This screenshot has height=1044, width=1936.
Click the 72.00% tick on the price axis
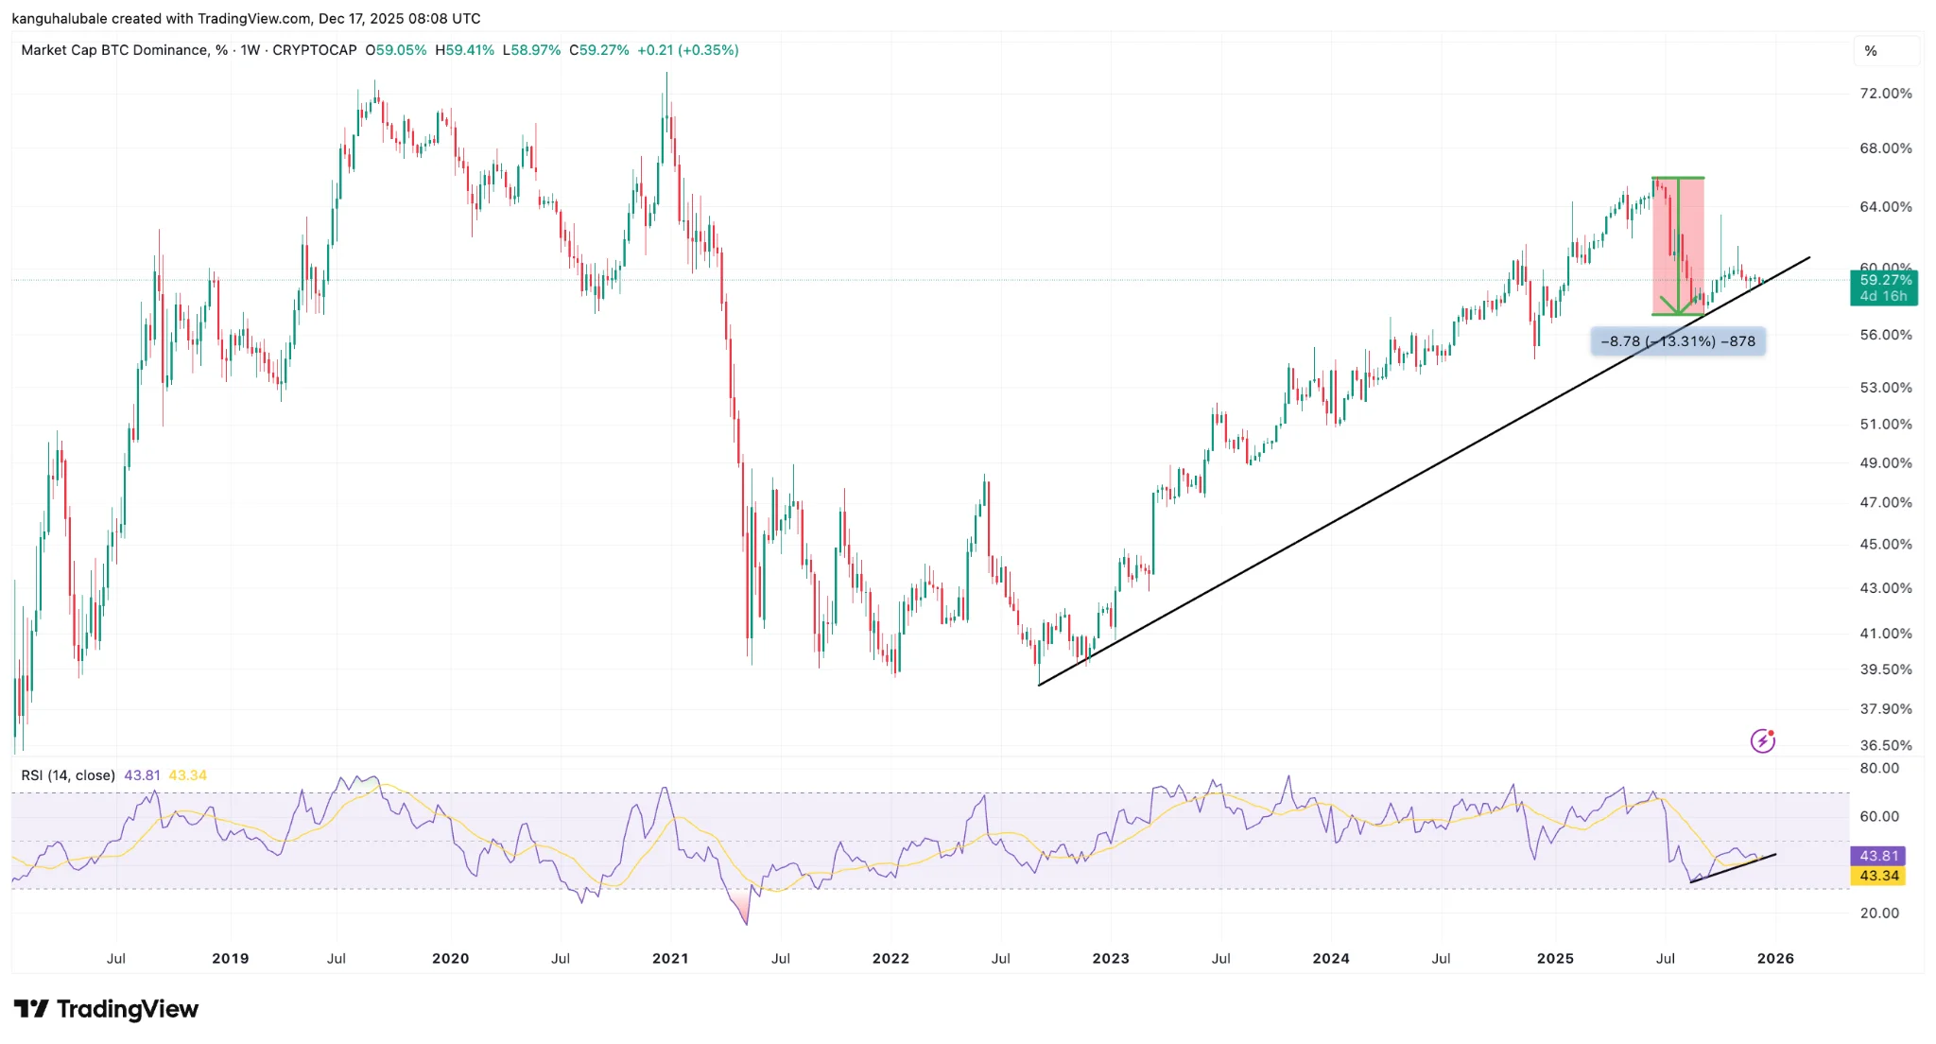[x=1885, y=94]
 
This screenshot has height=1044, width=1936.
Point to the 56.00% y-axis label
[x=1885, y=335]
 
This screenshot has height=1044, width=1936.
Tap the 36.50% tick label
[x=1885, y=745]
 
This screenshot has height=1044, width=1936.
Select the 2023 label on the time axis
[x=1111, y=958]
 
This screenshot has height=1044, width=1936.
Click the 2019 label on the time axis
[x=231, y=958]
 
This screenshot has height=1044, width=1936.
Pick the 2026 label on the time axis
[x=1775, y=958]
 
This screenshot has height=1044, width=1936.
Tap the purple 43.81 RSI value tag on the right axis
[x=1878, y=856]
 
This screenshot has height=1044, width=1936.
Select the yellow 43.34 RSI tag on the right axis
[x=1878, y=876]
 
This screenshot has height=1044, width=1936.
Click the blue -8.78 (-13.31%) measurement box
[x=1677, y=341]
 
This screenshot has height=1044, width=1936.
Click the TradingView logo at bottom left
[x=106, y=1009]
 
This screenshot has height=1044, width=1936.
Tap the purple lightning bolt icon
[x=1762, y=741]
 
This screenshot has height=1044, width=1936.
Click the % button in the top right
[x=1871, y=51]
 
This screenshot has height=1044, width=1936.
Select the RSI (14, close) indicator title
[x=68, y=775]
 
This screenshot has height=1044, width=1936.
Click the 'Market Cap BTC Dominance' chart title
[x=113, y=50]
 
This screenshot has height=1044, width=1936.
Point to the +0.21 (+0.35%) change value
[x=687, y=50]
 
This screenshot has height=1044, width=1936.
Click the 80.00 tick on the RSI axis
[x=1879, y=768]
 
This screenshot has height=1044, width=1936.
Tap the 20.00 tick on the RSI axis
[x=1879, y=913]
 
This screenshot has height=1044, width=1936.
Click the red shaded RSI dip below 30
[x=742, y=909]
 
